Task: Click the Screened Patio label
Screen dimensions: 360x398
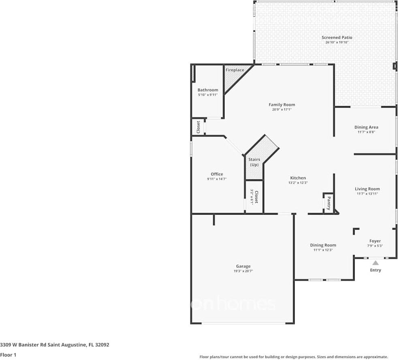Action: pyautogui.click(x=337, y=37)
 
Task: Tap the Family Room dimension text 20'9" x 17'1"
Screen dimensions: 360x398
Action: pyautogui.click(x=282, y=109)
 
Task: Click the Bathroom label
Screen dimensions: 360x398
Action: pyautogui.click(x=208, y=90)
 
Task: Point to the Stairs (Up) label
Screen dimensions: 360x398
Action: pyautogui.click(x=254, y=162)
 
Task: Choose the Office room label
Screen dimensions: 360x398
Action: pyautogui.click(x=216, y=174)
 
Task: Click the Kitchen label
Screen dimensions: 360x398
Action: pyautogui.click(x=298, y=178)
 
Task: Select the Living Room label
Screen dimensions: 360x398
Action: pyautogui.click(x=367, y=189)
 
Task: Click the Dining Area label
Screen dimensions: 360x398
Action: pyautogui.click(x=366, y=127)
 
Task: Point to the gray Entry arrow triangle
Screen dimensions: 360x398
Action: pyautogui.click(x=376, y=263)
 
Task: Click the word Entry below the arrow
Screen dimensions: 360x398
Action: pyautogui.click(x=376, y=270)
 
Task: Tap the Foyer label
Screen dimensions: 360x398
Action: pyautogui.click(x=375, y=241)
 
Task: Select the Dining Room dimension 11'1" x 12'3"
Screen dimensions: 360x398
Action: pyautogui.click(x=323, y=250)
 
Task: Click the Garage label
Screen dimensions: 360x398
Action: pyautogui.click(x=243, y=266)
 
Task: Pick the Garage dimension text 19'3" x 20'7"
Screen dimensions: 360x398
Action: pyautogui.click(x=243, y=271)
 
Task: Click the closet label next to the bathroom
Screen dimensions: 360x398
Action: pyautogui.click(x=198, y=127)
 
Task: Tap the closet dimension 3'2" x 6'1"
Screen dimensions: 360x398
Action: pyautogui.click(x=252, y=197)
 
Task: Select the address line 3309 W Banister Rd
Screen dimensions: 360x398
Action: pyautogui.click(x=54, y=345)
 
